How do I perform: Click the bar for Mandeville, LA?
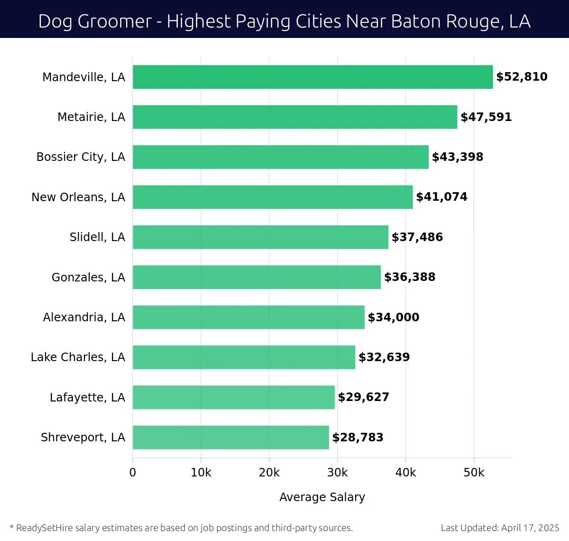coord(312,77)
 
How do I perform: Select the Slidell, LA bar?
coord(260,237)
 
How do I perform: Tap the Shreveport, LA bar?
coord(230,437)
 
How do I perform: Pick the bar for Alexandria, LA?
coord(248,317)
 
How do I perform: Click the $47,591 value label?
coord(486,117)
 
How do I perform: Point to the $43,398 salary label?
coord(458,157)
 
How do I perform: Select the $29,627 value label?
coord(363,397)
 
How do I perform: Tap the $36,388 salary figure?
coord(410,277)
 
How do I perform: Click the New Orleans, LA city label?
coord(78,197)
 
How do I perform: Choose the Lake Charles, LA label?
coord(78,357)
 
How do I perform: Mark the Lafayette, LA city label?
coord(87,397)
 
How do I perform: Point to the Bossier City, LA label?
coord(81,157)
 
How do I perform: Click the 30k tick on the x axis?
coord(338,473)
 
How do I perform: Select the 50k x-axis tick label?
coord(474,473)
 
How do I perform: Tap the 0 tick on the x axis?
coord(133,473)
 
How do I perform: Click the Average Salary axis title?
coord(322,497)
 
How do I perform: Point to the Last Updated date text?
coord(500,528)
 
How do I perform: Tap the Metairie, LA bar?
coord(295,117)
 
